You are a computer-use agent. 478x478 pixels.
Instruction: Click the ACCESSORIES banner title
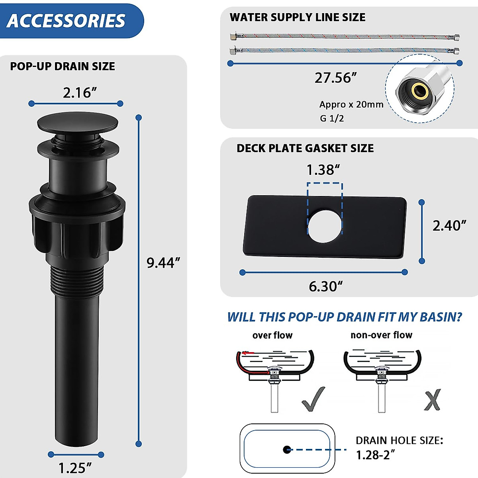pos(66,21)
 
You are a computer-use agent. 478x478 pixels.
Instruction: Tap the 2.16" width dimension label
pos(80,92)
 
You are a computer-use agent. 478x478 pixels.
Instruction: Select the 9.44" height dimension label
pos(163,263)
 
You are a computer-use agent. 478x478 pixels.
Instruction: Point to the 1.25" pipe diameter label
pos(75,468)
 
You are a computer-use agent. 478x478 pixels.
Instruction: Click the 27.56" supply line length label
pos(335,78)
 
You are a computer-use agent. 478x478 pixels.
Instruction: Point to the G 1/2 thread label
pos(332,118)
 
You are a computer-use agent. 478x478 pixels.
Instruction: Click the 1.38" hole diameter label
pos(323,170)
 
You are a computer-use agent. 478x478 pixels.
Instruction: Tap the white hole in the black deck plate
pos(324,226)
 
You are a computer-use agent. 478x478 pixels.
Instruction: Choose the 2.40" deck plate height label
pos(449,225)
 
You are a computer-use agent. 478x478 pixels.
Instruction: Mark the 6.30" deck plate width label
pos(326,286)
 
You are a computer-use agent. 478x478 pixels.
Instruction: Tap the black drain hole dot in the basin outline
pos(287,450)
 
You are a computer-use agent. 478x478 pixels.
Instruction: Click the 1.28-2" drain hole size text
pos(375,454)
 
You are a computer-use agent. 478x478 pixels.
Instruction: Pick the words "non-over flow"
pos(381,335)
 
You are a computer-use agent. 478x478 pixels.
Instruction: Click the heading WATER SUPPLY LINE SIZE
pos(298,17)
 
